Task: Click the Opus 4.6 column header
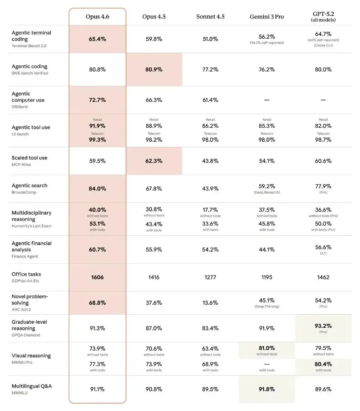97,17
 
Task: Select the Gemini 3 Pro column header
266,17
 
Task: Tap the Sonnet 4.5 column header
210,17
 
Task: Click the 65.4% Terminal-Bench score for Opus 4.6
97,39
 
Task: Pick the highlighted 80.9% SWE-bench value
154,70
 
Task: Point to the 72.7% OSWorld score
97,99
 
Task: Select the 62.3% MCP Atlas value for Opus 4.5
154,161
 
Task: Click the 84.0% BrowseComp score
97,189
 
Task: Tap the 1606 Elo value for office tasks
97,277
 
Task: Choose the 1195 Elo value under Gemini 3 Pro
266,277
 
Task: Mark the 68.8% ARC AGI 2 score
97,303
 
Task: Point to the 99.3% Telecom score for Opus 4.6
97,140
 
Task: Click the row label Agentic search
29,185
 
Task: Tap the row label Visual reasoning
31,356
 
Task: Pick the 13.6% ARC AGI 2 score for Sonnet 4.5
210,303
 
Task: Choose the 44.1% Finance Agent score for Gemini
266,249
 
